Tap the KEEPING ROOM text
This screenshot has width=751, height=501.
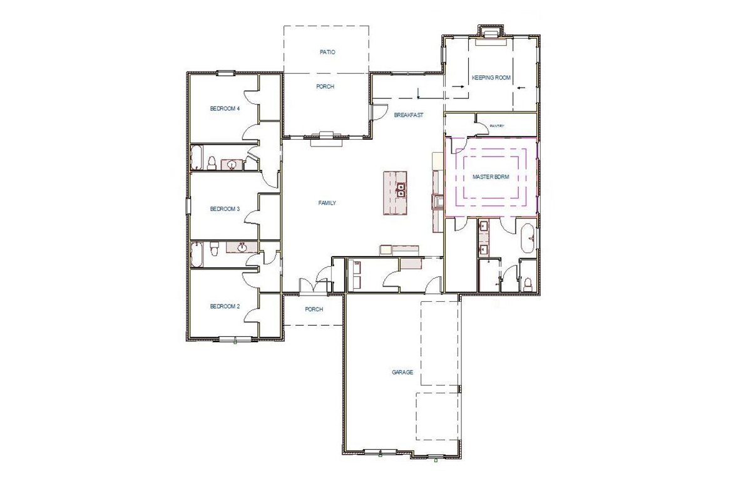pyautogui.click(x=491, y=78)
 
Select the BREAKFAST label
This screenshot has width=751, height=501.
pyautogui.click(x=409, y=115)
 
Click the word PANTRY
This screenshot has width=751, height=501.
pyautogui.click(x=497, y=126)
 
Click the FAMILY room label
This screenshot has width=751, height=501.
pyautogui.click(x=327, y=203)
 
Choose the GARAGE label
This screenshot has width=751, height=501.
pyautogui.click(x=402, y=372)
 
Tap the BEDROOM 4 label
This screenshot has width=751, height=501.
pyautogui.click(x=225, y=109)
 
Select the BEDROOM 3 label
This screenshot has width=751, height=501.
pyautogui.click(x=225, y=209)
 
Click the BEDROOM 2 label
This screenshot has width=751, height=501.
pyautogui.click(x=225, y=306)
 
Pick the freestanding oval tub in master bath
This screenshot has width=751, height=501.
pyautogui.click(x=528, y=239)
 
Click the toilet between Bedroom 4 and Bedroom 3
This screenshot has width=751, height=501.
pyautogui.click(x=212, y=163)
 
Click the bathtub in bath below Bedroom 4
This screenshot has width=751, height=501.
pyautogui.click(x=197, y=158)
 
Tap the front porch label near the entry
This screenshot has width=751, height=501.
pyautogui.click(x=314, y=309)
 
